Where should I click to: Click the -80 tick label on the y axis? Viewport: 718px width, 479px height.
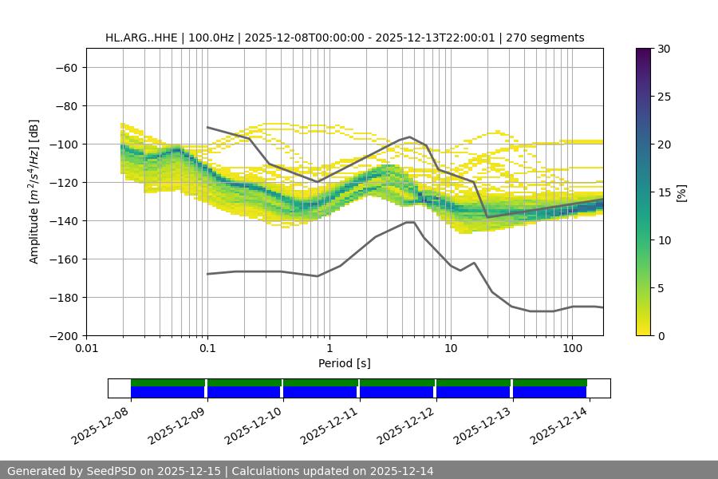click(x=65, y=105)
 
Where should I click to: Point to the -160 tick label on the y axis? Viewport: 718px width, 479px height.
click(x=62, y=259)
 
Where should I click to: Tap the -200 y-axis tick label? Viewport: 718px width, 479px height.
click(x=62, y=335)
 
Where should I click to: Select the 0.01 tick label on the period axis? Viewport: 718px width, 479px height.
click(x=86, y=349)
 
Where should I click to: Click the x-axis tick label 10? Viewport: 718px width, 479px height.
click(x=451, y=349)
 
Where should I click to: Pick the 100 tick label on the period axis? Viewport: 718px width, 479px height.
click(x=572, y=349)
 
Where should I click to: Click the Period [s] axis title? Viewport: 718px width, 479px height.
click(x=344, y=363)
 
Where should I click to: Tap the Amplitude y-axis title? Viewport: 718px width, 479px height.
click(x=34, y=192)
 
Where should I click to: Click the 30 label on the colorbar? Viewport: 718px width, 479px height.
click(x=662, y=49)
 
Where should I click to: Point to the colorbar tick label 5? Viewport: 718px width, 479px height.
click(x=659, y=288)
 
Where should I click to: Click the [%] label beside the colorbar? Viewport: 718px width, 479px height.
click(x=681, y=192)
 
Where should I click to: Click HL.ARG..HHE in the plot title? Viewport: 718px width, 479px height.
click(x=140, y=38)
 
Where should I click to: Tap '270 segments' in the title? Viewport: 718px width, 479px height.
click(x=550, y=38)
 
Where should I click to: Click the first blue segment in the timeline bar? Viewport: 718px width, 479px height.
click(x=168, y=392)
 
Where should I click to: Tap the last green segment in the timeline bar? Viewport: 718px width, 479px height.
click(x=550, y=382)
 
